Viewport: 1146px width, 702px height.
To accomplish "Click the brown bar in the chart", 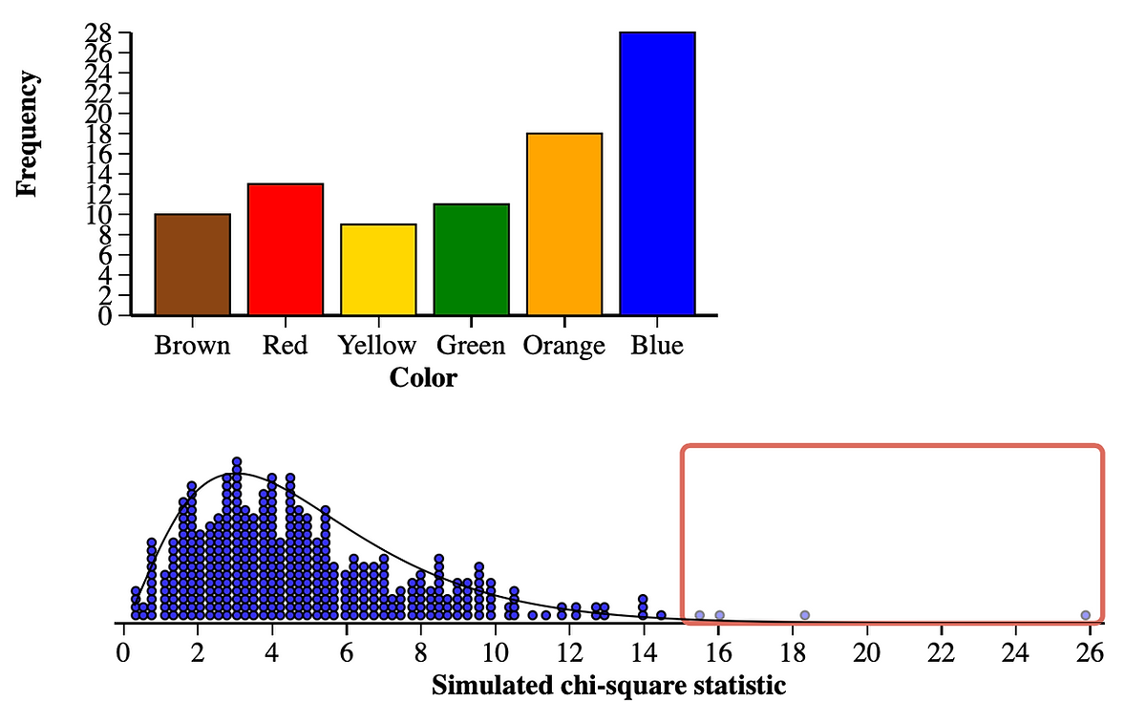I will click(x=192, y=265).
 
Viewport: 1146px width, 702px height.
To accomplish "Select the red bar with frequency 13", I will click(x=286, y=249).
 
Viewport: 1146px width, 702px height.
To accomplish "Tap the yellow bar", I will click(x=378, y=269).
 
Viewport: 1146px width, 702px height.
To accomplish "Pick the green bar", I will click(x=472, y=260).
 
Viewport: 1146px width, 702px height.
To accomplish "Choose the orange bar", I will click(x=564, y=224).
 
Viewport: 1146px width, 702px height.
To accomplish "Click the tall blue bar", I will click(x=657, y=174).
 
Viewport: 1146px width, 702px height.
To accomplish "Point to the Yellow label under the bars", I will click(x=377, y=345).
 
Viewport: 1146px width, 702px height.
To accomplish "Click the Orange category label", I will click(x=564, y=345).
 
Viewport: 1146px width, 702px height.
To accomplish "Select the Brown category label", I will click(x=192, y=345).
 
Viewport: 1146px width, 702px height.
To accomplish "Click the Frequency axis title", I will click(x=29, y=133).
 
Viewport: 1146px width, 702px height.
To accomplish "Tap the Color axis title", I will click(x=423, y=378).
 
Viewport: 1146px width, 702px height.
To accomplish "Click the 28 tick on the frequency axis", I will click(x=100, y=33).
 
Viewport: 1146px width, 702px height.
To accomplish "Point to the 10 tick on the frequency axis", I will click(x=100, y=214).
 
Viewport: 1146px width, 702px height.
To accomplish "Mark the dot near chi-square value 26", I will click(x=1085, y=615).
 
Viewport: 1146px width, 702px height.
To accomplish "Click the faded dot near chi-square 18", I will click(x=805, y=615).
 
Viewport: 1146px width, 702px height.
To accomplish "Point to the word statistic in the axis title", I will click(x=739, y=685).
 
